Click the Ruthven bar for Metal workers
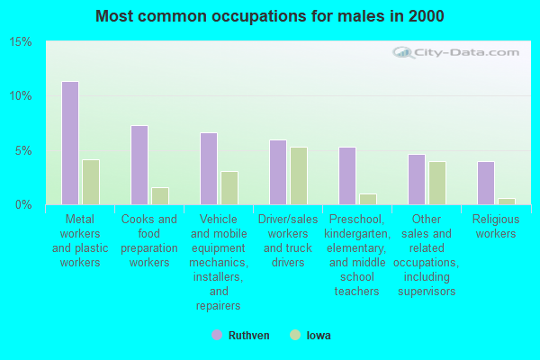pyautogui.click(x=70, y=143)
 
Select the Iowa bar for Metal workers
pyautogui.click(x=91, y=182)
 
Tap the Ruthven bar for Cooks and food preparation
pyautogui.click(x=139, y=165)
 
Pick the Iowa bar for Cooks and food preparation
pyautogui.click(x=160, y=195)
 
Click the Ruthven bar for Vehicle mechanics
pyautogui.click(x=209, y=168)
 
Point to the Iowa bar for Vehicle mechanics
pyautogui.click(x=229, y=187)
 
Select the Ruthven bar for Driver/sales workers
pyautogui.click(x=278, y=172)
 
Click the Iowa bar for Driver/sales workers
pyautogui.click(x=299, y=175)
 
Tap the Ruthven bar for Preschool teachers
pyautogui.click(x=347, y=175)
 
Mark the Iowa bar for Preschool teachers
pyautogui.click(x=368, y=199)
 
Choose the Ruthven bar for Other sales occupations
pyautogui.click(x=417, y=179)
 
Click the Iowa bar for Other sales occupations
pyautogui.click(x=437, y=183)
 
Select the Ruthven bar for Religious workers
pyautogui.click(x=486, y=183)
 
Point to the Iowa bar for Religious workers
pyautogui.click(x=507, y=201)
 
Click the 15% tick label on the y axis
pyautogui.click(x=22, y=42)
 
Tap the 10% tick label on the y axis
pyautogui.click(x=22, y=96)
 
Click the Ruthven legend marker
pyautogui.click(x=217, y=336)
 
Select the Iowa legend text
pyautogui.click(x=319, y=336)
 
